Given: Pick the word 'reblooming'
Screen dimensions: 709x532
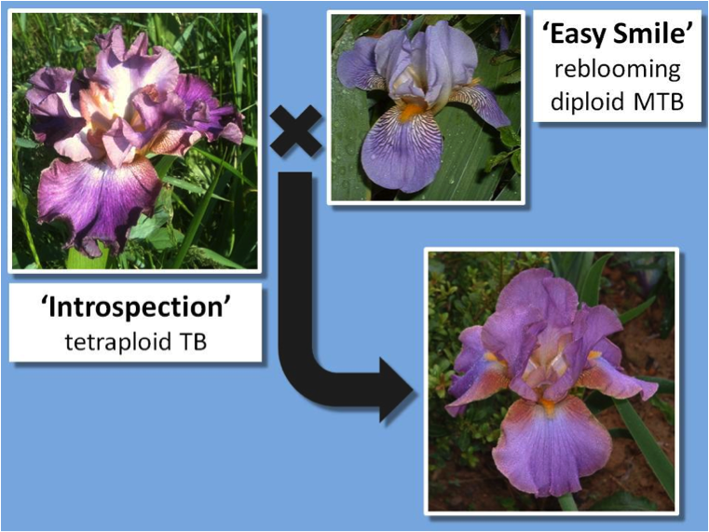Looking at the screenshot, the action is (617, 70).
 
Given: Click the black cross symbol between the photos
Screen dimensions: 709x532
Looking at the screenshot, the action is (296, 131).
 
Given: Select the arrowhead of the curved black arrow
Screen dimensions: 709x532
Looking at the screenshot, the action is (396, 389).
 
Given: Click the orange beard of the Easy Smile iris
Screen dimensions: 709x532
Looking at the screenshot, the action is (412, 111).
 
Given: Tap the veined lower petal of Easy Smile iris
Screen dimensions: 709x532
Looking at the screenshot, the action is (402, 149).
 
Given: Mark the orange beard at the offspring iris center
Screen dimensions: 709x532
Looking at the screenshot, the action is (548, 405).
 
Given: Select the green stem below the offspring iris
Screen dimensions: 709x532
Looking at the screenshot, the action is (567, 501).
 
